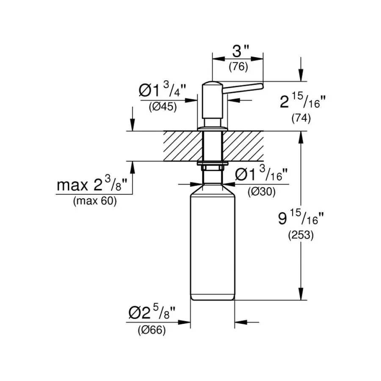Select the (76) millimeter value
pyautogui.click(x=238, y=66)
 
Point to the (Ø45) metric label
pyautogui.click(x=163, y=107)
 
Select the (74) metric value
pyautogui.click(x=301, y=119)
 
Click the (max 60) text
pyautogui.click(x=95, y=202)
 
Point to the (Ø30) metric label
pyautogui.click(x=261, y=191)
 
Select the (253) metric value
pyautogui.click(x=301, y=236)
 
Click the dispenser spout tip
pyautogui.click(x=261, y=86)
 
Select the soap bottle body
pyautogui.click(x=213, y=246)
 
